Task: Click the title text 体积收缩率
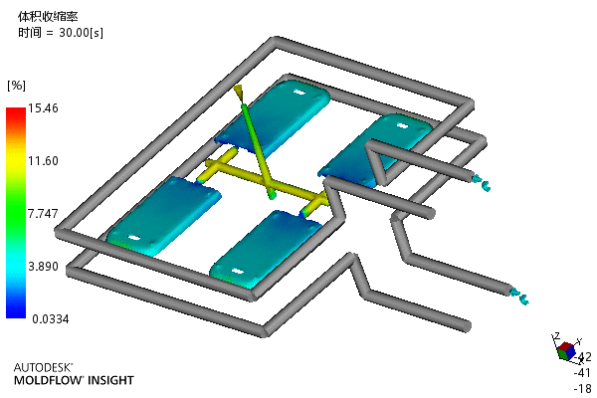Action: pos(48,16)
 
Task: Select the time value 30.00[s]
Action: pos(81,33)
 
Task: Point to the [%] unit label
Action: pos(16,86)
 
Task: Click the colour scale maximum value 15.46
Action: pos(43,108)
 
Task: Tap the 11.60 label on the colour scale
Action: pos(43,161)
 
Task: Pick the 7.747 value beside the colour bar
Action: pos(43,213)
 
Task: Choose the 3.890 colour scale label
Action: pos(43,267)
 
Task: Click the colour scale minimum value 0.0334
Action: pos(51,318)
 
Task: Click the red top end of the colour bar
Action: pos(16,109)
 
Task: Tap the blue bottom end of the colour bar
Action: pos(16,315)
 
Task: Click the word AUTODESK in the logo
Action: pos(43,367)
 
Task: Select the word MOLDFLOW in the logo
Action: pos(49,380)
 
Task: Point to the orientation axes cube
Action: pos(566,350)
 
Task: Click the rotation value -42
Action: pos(583,357)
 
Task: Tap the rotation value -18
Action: pos(583,388)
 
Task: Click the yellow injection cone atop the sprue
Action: pos(239,92)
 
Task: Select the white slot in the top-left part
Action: pos(299,92)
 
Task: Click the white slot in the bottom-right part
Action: pos(237,272)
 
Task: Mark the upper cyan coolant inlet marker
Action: pos(481,182)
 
